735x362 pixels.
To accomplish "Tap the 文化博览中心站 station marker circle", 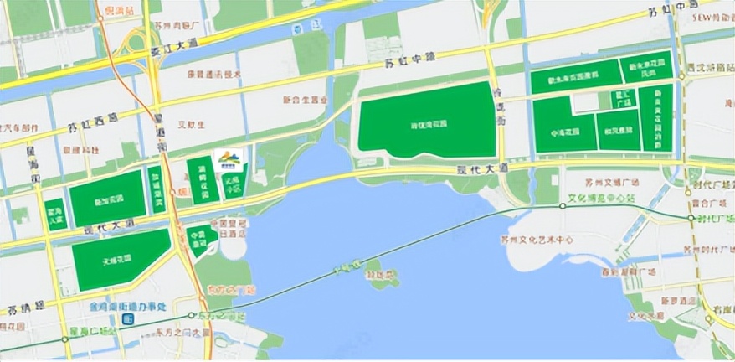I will [x=556, y=208].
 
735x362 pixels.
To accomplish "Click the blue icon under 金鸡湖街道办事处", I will [x=126, y=319].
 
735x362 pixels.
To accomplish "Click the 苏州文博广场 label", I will [x=614, y=182].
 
